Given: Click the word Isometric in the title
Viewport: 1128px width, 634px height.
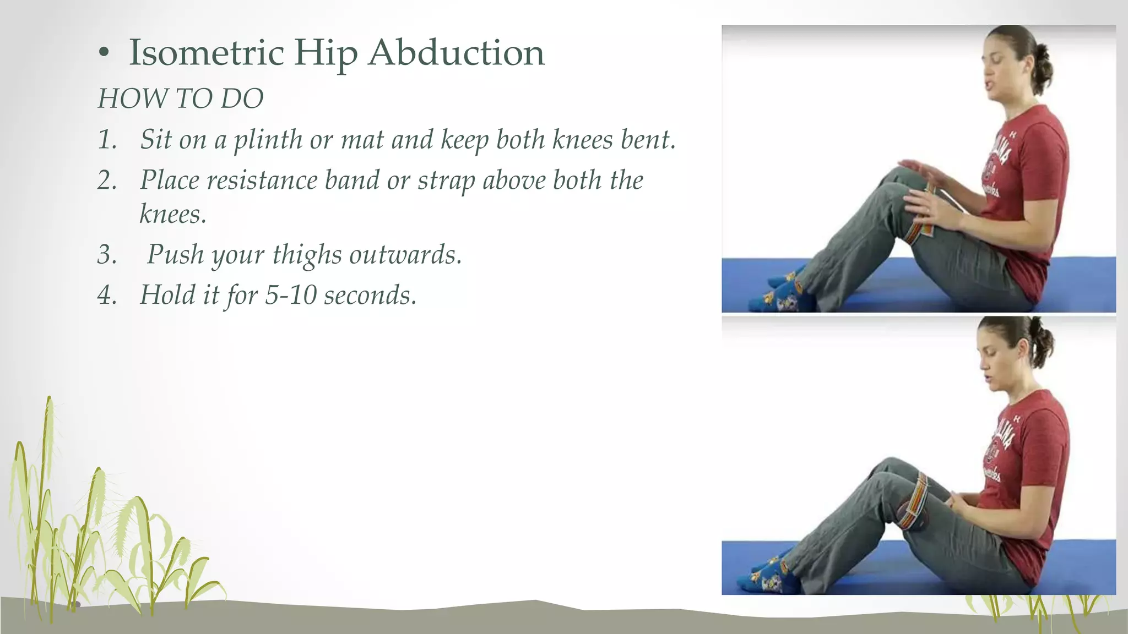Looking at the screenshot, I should pos(206,53).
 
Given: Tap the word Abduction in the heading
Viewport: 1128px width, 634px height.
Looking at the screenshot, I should pos(457,53).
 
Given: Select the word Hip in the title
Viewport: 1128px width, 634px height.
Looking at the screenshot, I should pos(326,54).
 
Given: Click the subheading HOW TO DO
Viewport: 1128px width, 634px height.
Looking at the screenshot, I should pos(181,99).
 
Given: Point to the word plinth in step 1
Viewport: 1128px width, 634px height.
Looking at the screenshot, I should pos(268,140).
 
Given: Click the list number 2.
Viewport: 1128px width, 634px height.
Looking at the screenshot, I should pos(107,181).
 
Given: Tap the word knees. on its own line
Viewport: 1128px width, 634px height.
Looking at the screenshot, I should pos(173,214).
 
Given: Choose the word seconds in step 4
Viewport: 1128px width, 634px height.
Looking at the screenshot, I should pos(369,296).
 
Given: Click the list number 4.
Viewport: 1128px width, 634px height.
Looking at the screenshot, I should pos(107,295).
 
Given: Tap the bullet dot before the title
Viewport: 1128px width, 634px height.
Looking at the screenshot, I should pos(104,53).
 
